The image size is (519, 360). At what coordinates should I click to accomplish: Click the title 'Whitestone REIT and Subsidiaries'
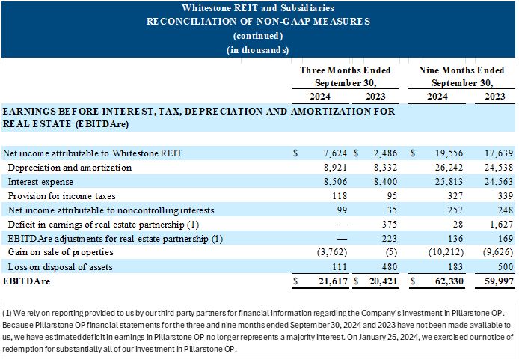click(x=258, y=7)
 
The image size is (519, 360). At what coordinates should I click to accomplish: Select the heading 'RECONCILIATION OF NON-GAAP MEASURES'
click(x=258, y=21)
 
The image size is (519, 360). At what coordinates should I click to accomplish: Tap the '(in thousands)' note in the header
click(x=258, y=50)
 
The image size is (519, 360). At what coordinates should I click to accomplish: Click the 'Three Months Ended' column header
click(x=345, y=70)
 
